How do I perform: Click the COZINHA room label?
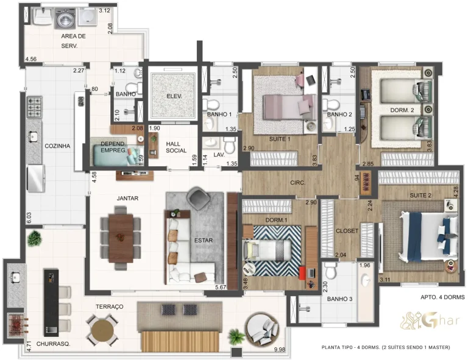pos(57,146)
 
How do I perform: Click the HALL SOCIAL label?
pos(177,147)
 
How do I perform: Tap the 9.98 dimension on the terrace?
pos(280,350)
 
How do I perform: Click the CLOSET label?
pos(347,231)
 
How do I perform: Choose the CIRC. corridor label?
pos(280,182)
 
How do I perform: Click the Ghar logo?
pos(422,320)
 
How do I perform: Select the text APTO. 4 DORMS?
pos(442,297)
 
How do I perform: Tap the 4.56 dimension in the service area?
pos(31,59)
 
